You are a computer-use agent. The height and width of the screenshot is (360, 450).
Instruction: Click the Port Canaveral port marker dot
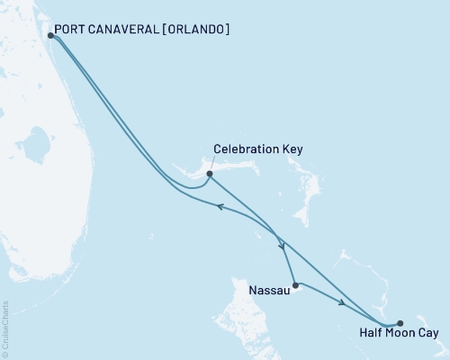click(49, 35)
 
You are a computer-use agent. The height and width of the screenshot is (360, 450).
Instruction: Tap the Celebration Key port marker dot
click(209, 174)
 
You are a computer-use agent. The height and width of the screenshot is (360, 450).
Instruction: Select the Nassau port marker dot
click(295, 284)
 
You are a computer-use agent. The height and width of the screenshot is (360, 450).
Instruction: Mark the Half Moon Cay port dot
click(400, 323)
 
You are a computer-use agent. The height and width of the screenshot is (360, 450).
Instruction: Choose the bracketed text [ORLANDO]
click(198, 29)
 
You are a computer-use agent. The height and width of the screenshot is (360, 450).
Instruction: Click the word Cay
click(429, 334)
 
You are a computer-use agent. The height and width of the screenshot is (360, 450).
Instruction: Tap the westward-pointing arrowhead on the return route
click(219, 206)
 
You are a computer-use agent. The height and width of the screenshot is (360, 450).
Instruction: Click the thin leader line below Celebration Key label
click(213, 165)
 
